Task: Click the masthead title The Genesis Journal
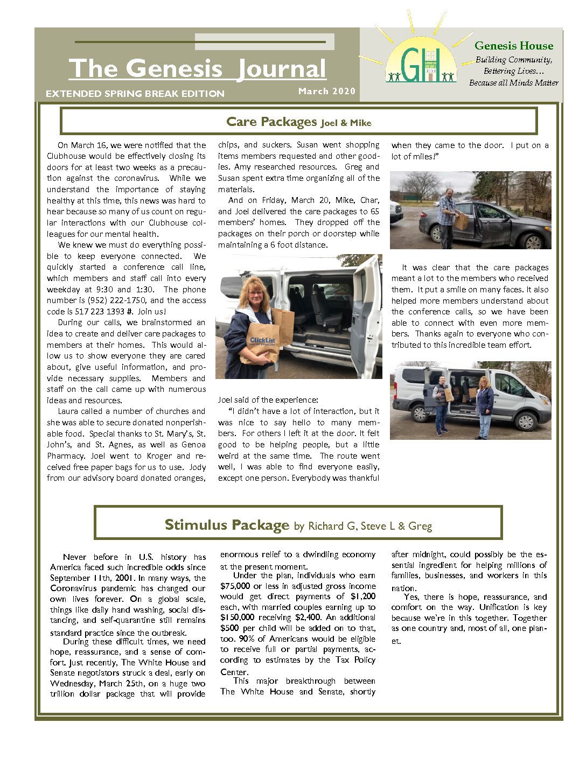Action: point(197,69)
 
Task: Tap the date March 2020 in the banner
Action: point(327,91)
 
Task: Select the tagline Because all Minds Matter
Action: point(513,83)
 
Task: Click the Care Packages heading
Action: point(271,122)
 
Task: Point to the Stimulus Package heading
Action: point(227,525)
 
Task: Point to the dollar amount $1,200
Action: point(363,596)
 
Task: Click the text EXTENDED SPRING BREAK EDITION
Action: point(135,94)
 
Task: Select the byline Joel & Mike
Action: point(346,123)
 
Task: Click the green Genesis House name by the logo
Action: point(514,46)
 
